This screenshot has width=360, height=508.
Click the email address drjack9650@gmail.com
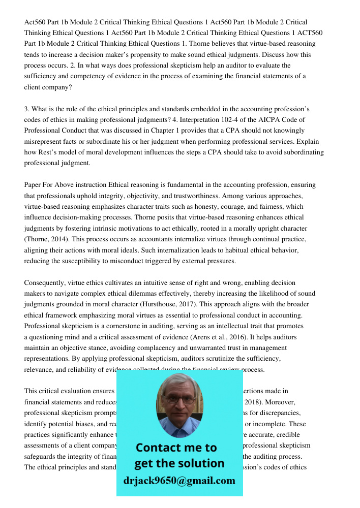[179, 480]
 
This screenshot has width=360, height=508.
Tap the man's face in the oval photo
[179, 404]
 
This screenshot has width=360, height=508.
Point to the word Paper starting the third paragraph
[34, 185]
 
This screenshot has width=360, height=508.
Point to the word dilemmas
[199, 294]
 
